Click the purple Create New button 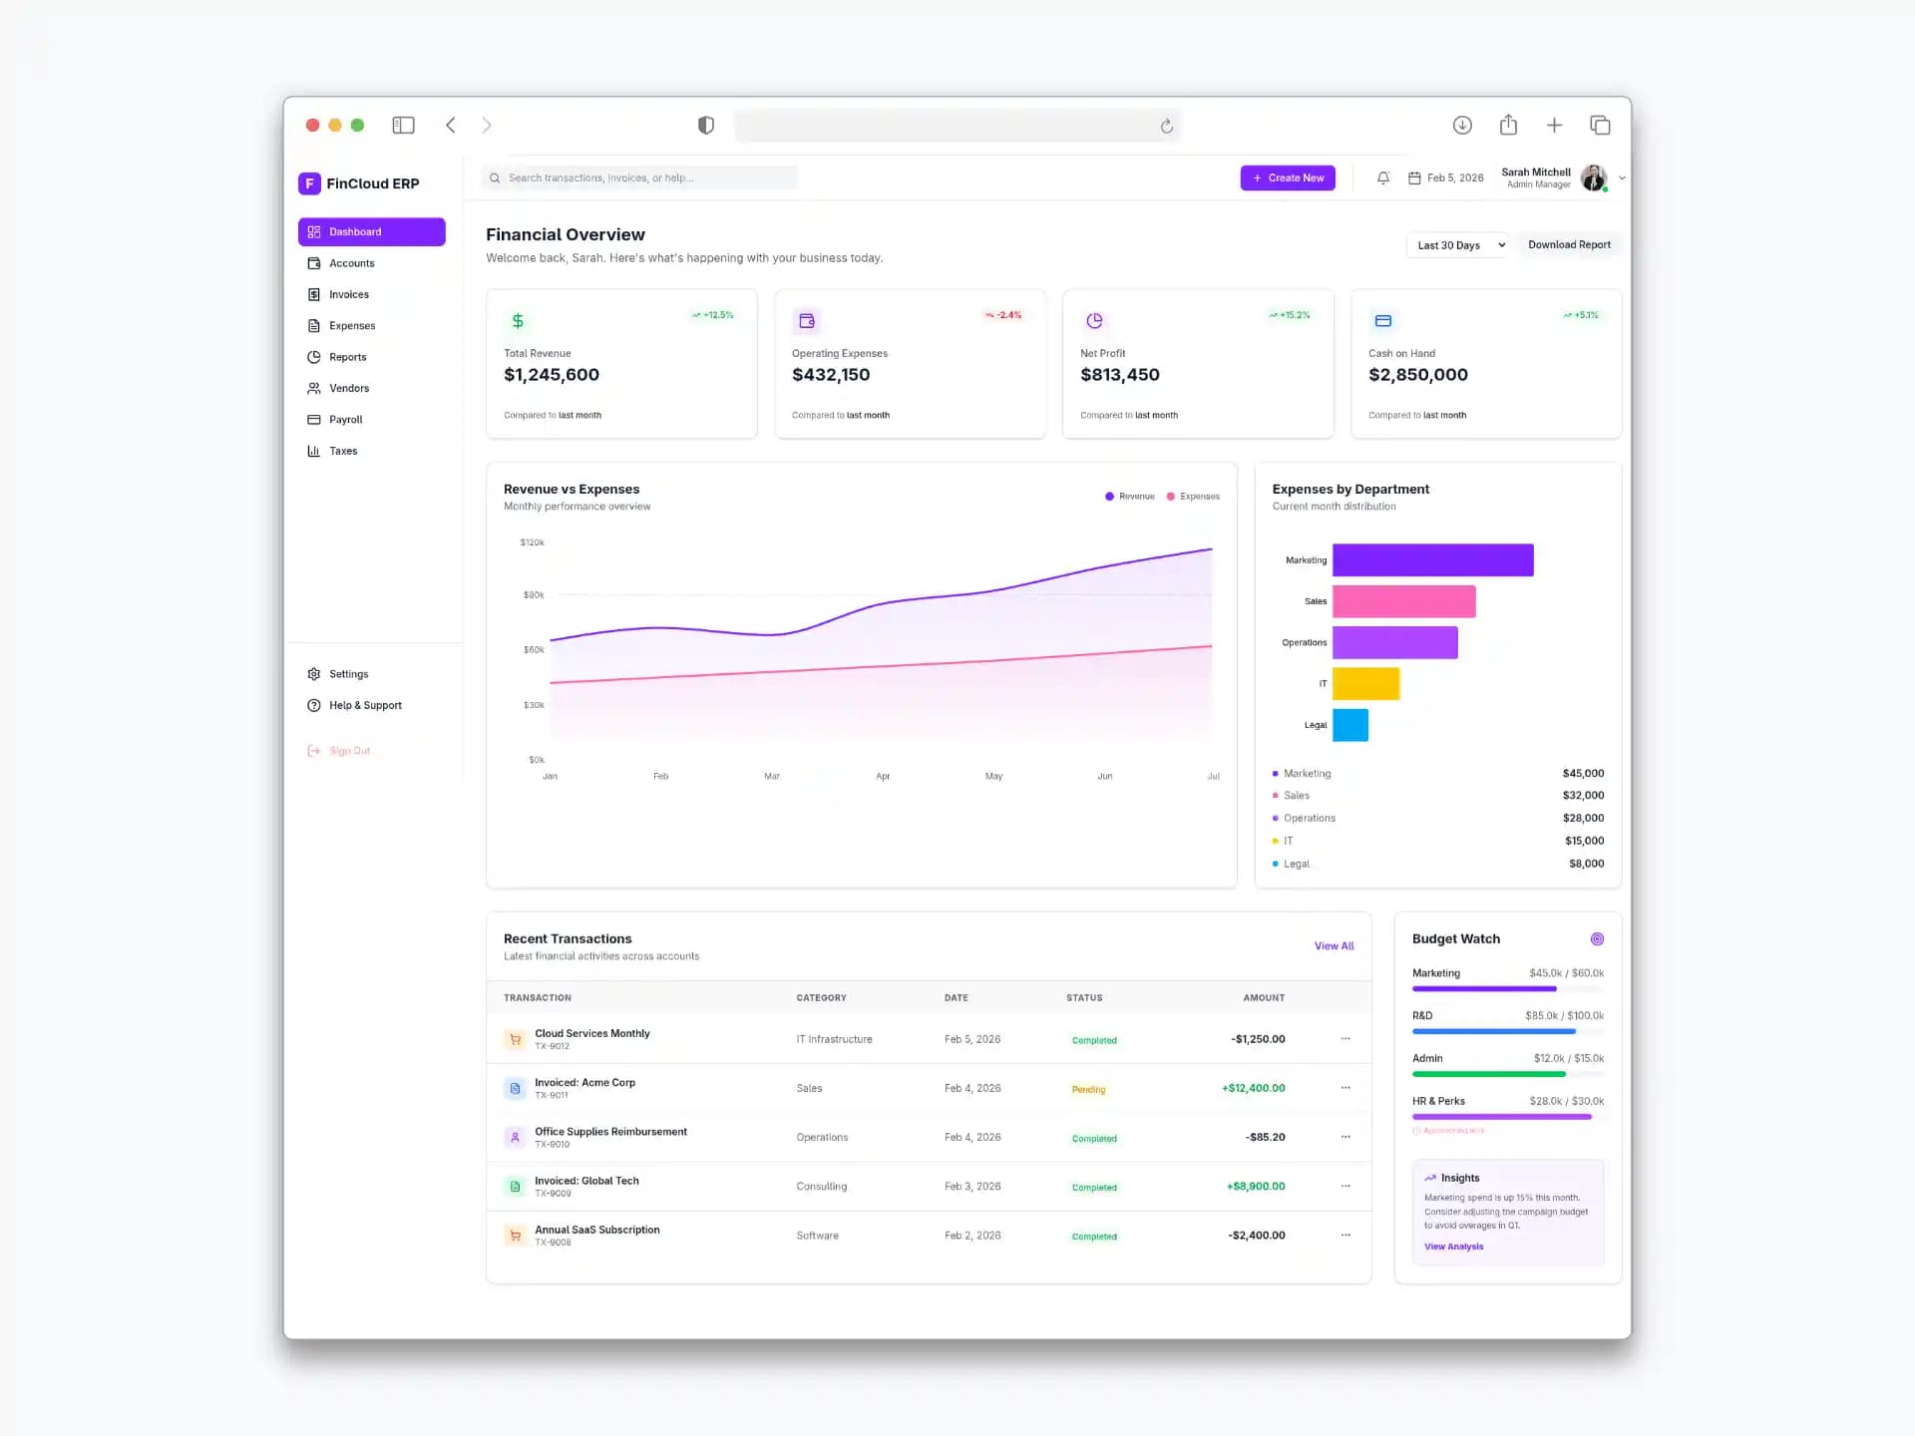tap(1287, 178)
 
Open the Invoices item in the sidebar tap(348, 294)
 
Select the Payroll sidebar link tap(345, 420)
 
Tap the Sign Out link tap(348, 751)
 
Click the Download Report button tap(1568, 245)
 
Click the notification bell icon tap(1382, 178)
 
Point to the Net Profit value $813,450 tap(1119, 375)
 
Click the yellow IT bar tap(1365, 684)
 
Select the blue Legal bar tap(1349, 725)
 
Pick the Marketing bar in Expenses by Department tap(1432, 560)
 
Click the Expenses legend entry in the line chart tap(1193, 497)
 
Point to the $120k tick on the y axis tap(533, 542)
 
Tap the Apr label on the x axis tap(883, 776)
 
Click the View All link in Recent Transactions tap(1334, 946)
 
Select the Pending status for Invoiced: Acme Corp tap(1088, 1089)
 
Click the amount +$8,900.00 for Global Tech tap(1255, 1187)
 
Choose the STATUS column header tap(1084, 998)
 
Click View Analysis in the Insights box tap(1453, 1247)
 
